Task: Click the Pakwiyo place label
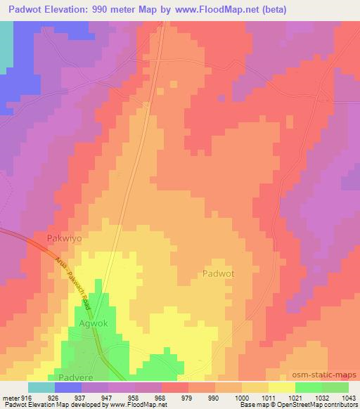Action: point(64,238)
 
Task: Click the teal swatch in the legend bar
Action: point(41,387)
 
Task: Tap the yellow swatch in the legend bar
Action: point(282,387)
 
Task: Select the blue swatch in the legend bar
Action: point(68,387)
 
